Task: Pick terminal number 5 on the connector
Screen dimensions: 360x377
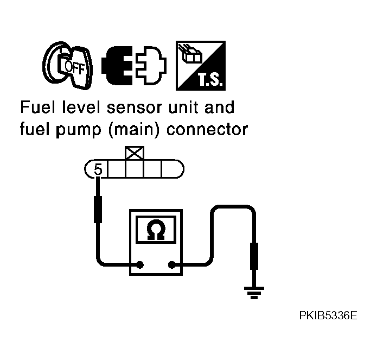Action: [x=98, y=170]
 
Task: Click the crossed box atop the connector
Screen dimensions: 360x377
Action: [x=134, y=153]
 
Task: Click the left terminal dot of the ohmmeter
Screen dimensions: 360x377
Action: [x=140, y=266]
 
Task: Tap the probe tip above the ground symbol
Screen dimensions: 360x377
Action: [x=253, y=256]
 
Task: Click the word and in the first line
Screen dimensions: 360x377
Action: [x=219, y=107]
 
